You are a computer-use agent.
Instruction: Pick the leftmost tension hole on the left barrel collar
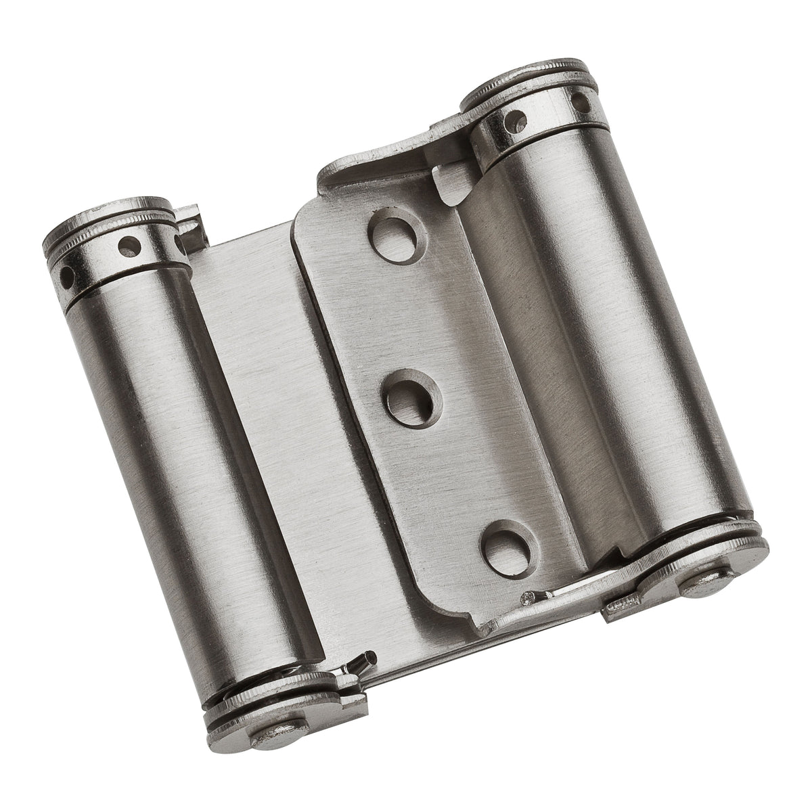(x=68, y=274)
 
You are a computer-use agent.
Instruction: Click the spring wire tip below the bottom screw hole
(x=531, y=597)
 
